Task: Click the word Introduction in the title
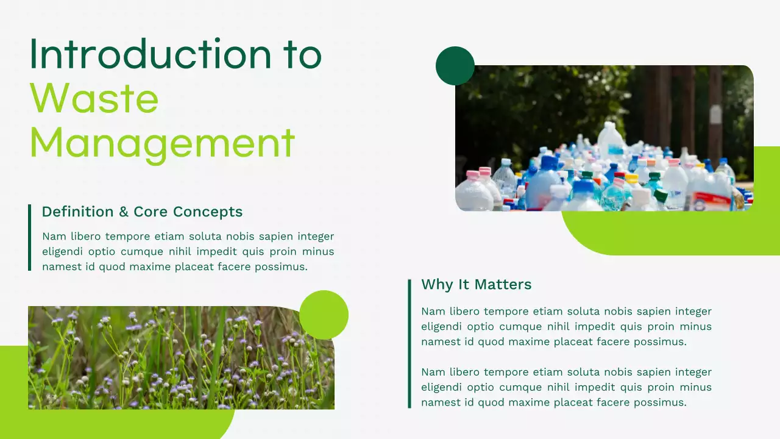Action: pos(149,54)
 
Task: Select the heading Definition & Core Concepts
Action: pos(142,212)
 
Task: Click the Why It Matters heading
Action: pos(476,284)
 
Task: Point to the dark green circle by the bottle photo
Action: pos(455,66)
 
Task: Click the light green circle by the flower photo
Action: pos(324,314)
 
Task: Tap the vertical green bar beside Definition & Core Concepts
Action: pos(29,237)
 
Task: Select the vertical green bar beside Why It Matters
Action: pos(409,343)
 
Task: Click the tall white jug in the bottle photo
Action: pos(611,141)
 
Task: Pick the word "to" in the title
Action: pos(301,54)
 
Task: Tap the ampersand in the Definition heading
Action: pos(124,212)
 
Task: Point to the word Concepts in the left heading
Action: pos(208,212)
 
